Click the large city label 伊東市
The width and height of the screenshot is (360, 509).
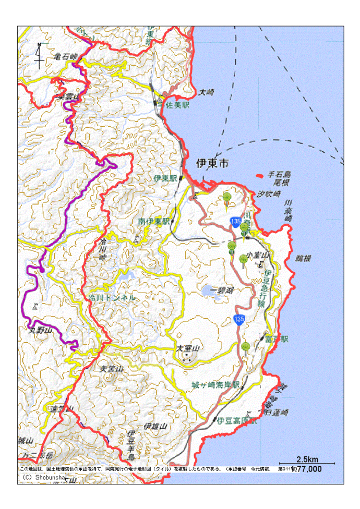[x=212, y=163]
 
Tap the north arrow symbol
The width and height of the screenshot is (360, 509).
[x=39, y=55]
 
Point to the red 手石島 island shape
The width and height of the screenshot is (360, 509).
[x=259, y=176]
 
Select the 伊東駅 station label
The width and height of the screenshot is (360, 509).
[x=166, y=178]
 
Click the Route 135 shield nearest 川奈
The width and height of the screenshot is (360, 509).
[x=236, y=223]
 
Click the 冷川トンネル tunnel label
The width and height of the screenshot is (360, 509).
[x=112, y=297]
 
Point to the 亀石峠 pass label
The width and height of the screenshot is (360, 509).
[x=65, y=56]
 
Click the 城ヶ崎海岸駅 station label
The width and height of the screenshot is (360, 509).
[x=215, y=385]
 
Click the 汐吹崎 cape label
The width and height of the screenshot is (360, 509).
[x=269, y=193]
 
